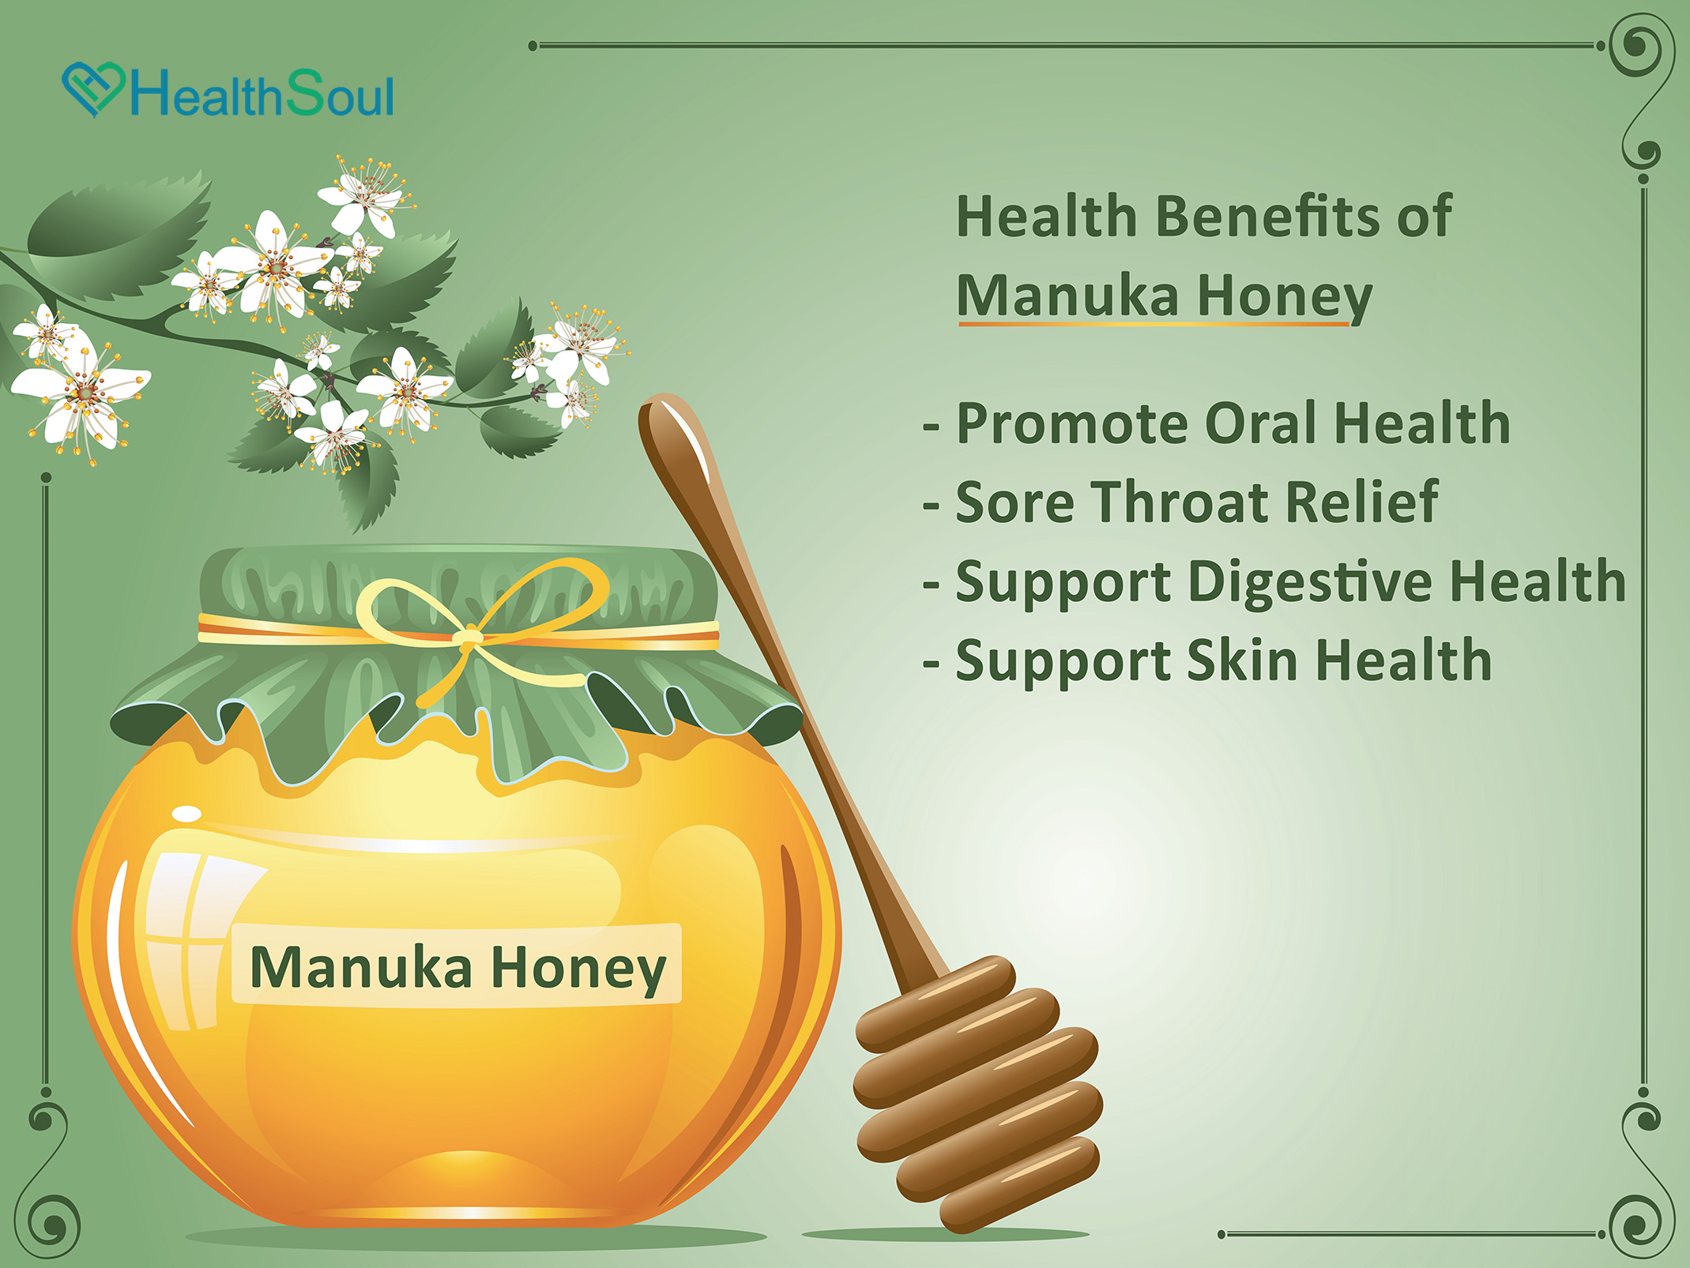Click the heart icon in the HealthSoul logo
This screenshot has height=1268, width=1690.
pyautogui.click(x=93, y=89)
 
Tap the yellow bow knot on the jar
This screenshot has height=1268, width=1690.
pyautogui.click(x=468, y=636)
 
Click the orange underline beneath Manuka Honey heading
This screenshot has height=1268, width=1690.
pyautogui.click(x=1154, y=324)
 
